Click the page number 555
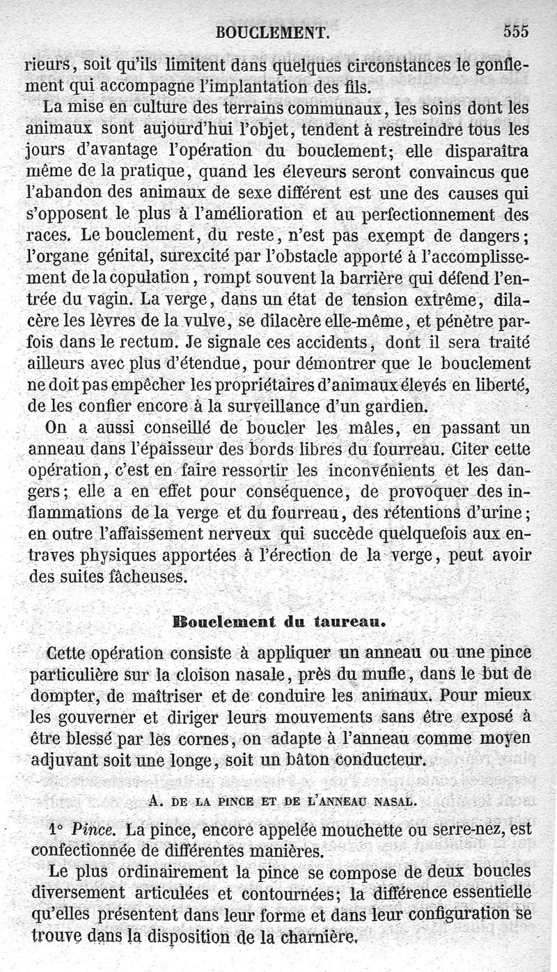513,31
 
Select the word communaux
338,109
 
